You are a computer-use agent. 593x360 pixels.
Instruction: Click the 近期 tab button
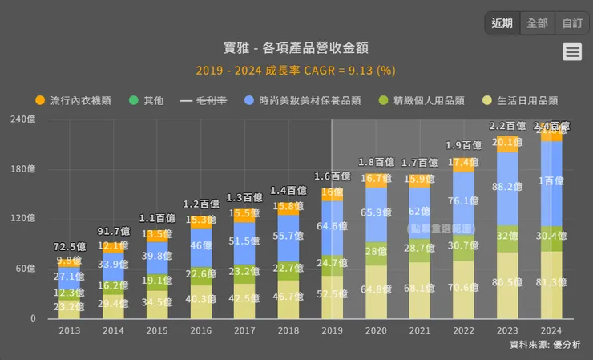[502, 23]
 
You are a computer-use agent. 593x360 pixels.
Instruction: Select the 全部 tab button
[537, 23]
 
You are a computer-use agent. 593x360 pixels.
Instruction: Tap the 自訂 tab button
[572, 23]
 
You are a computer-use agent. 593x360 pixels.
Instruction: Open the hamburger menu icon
[572, 52]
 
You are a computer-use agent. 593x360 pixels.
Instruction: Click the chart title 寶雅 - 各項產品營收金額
[296, 48]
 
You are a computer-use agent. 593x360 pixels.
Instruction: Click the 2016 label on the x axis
[200, 330]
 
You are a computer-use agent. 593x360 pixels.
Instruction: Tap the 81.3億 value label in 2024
[551, 283]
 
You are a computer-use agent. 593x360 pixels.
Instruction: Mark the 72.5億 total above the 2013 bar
[70, 246]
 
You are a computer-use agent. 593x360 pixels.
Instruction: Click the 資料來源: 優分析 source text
[545, 345]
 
